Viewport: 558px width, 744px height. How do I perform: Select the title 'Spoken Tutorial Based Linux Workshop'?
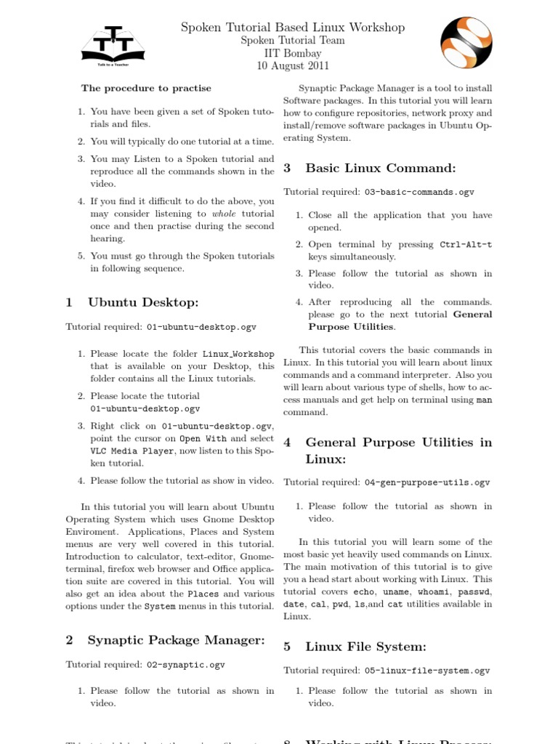coord(293,28)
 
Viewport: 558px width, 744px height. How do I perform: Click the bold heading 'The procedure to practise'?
coord(146,88)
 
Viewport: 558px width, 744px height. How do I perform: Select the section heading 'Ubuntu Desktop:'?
coord(142,302)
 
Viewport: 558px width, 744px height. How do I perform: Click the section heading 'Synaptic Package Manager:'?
coord(176,639)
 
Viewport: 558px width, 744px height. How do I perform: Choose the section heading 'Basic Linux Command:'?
coord(381,168)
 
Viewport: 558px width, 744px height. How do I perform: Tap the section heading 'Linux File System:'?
coord(365,646)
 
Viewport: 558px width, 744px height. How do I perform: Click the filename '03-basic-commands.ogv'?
coord(419,193)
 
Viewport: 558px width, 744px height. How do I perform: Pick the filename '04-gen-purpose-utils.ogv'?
coord(427,482)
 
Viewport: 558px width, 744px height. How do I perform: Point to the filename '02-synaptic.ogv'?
coord(186,664)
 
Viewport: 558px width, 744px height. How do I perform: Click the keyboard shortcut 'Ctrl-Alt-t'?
coord(466,245)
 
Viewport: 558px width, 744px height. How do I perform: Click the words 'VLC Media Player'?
coord(132,450)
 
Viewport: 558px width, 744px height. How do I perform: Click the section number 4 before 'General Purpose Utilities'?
coord(287,442)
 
